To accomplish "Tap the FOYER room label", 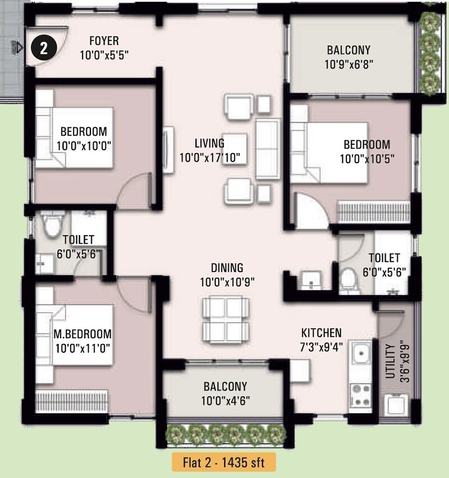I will (x=104, y=41).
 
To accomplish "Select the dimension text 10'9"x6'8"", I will (x=349, y=64).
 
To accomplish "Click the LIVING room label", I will (x=209, y=143).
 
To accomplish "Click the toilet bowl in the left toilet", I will (x=52, y=226).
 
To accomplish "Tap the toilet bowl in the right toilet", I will (x=350, y=279).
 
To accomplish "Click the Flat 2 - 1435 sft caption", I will (x=224, y=463).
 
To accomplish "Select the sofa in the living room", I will (x=268, y=148).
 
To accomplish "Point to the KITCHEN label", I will (x=321, y=333).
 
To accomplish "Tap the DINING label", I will (x=227, y=268).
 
